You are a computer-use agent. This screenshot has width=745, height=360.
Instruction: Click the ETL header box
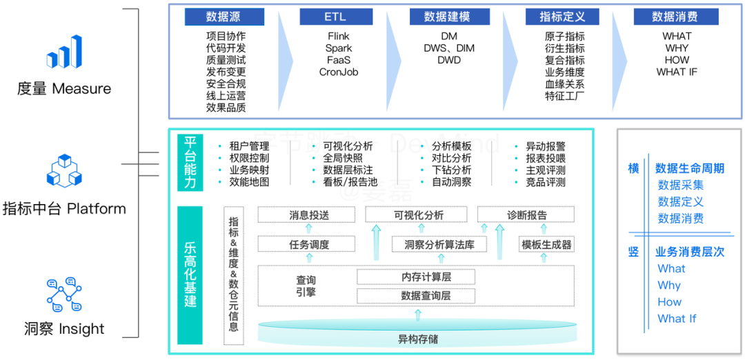pyautogui.click(x=338, y=17)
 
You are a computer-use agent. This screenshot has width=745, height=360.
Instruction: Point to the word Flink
pyautogui.click(x=338, y=36)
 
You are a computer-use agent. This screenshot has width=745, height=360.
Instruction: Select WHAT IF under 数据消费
pyautogui.click(x=677, y=72)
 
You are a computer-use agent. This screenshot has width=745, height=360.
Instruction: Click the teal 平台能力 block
pyautogui.click(x=190, y=163)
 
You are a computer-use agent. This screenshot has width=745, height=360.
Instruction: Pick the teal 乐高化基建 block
pyautogui.click(x=190, y=274)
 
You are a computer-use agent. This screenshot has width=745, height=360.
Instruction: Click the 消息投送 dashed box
pyautogui.click(x=309, y=215)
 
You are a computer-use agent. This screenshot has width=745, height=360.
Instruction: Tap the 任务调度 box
pyautogui.click(x=309, y=244)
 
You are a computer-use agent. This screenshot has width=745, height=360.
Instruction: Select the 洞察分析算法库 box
pyautogui.click(x=439, y=244)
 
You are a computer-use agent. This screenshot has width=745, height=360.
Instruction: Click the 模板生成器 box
pyautogui.click(x=546, y=244)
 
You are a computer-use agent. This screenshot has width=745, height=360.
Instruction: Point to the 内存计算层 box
pyautogui.click(x=416, y=277)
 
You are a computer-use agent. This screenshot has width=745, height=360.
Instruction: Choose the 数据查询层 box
pyautogui.click(x=416, y=296)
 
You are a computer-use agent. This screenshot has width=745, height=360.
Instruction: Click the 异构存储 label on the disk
pyautogui.click(x=417, y=339)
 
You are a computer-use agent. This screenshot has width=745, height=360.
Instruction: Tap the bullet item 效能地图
pyautogui.click(x=249, y=182)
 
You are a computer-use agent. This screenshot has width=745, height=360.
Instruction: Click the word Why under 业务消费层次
pyautogui.click(x=669, y=286)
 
